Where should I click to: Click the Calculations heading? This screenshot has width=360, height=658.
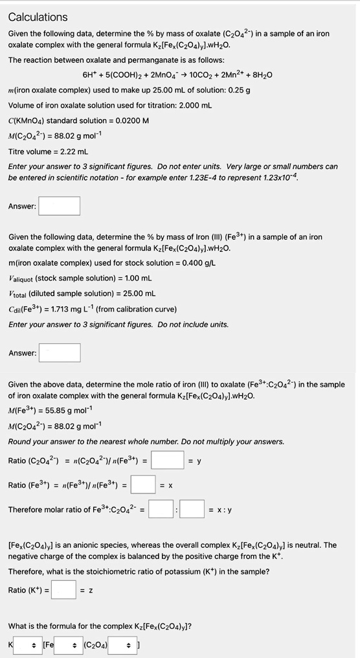click(x=38, y=17)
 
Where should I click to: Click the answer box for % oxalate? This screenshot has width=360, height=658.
click(x=59, y=206)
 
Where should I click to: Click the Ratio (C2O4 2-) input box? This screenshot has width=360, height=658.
click(x=168, y=460)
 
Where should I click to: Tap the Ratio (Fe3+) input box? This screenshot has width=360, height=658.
click(x=143, y=484)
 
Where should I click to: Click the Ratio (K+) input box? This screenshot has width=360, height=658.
click(x=64, y=589)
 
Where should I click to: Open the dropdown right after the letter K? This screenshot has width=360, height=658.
click(x=28, y=644)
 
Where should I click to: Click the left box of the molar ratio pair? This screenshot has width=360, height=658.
click(x=161, y=509)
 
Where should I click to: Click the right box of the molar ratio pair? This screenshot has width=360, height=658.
click(x=192, y=509)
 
